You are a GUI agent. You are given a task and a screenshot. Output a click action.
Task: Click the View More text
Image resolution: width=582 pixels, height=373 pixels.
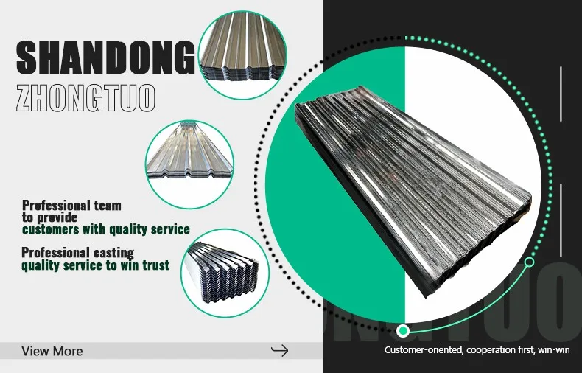52,351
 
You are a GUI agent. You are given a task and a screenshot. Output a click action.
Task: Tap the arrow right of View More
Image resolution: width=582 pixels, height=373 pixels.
280,350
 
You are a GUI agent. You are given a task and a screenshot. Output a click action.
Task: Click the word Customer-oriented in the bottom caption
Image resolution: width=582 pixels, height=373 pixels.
423,349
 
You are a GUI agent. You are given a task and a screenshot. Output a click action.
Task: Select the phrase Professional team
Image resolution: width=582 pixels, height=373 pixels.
71,205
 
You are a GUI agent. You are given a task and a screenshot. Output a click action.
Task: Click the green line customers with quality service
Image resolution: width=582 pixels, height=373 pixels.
105,229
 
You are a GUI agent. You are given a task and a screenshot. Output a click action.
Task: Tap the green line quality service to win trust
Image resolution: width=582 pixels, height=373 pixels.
95,265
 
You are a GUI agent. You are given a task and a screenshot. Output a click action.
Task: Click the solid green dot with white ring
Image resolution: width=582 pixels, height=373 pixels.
402,330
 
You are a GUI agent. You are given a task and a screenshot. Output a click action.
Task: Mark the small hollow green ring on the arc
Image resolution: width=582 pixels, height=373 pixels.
529,262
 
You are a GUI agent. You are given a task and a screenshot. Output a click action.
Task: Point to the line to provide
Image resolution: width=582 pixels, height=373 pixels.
49,217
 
